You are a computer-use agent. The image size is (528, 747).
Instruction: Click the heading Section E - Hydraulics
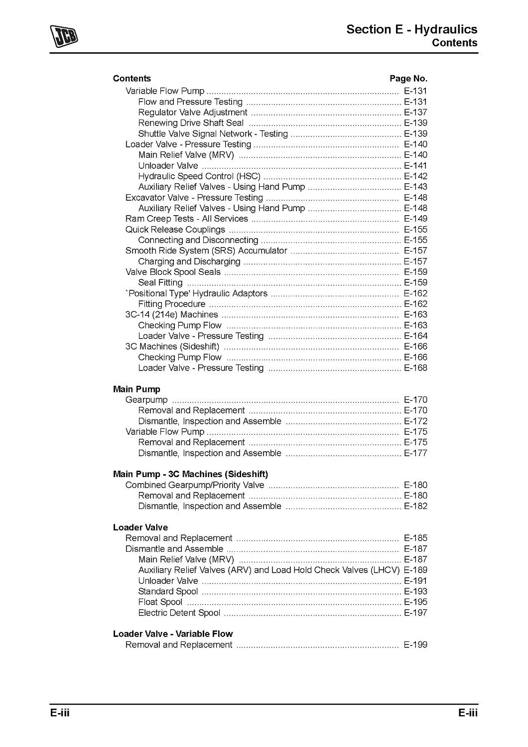[x=411, y=29]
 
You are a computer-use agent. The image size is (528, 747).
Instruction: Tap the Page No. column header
[x=408, y=79]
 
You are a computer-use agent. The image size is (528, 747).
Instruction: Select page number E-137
[x=415, y=113]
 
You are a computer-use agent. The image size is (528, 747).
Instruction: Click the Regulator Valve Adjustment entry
[x=192, y=113]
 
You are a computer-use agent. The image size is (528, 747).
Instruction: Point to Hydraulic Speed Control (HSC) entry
[x=199, y=176]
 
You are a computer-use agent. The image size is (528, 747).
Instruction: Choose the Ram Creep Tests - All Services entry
[x=186, y=219]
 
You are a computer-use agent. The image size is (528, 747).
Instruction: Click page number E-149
[x=415, y=219]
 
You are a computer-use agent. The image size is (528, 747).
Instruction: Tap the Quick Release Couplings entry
[x=175, y=230]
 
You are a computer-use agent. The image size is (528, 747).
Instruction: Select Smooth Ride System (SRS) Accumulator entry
[x=206, y=250]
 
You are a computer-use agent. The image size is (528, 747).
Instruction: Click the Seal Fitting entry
[x=160, y=283]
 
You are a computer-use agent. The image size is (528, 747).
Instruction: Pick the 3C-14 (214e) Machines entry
[x=171, y=315]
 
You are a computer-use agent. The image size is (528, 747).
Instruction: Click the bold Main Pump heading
[x=136, y=389]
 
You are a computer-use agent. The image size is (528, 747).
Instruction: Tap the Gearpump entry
[x=146, y=400]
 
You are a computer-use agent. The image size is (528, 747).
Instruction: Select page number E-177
[x=415, y=453]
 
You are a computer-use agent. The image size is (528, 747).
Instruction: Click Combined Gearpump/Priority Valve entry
[x=194, y=485]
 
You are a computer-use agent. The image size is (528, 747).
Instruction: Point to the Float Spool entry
[x=160, y=602]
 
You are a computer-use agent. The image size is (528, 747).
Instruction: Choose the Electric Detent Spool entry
[x=179, y=613]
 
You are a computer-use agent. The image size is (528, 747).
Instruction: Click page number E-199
[x=415, y=645]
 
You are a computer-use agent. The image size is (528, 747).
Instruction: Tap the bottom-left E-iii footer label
[x=59, y=713]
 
